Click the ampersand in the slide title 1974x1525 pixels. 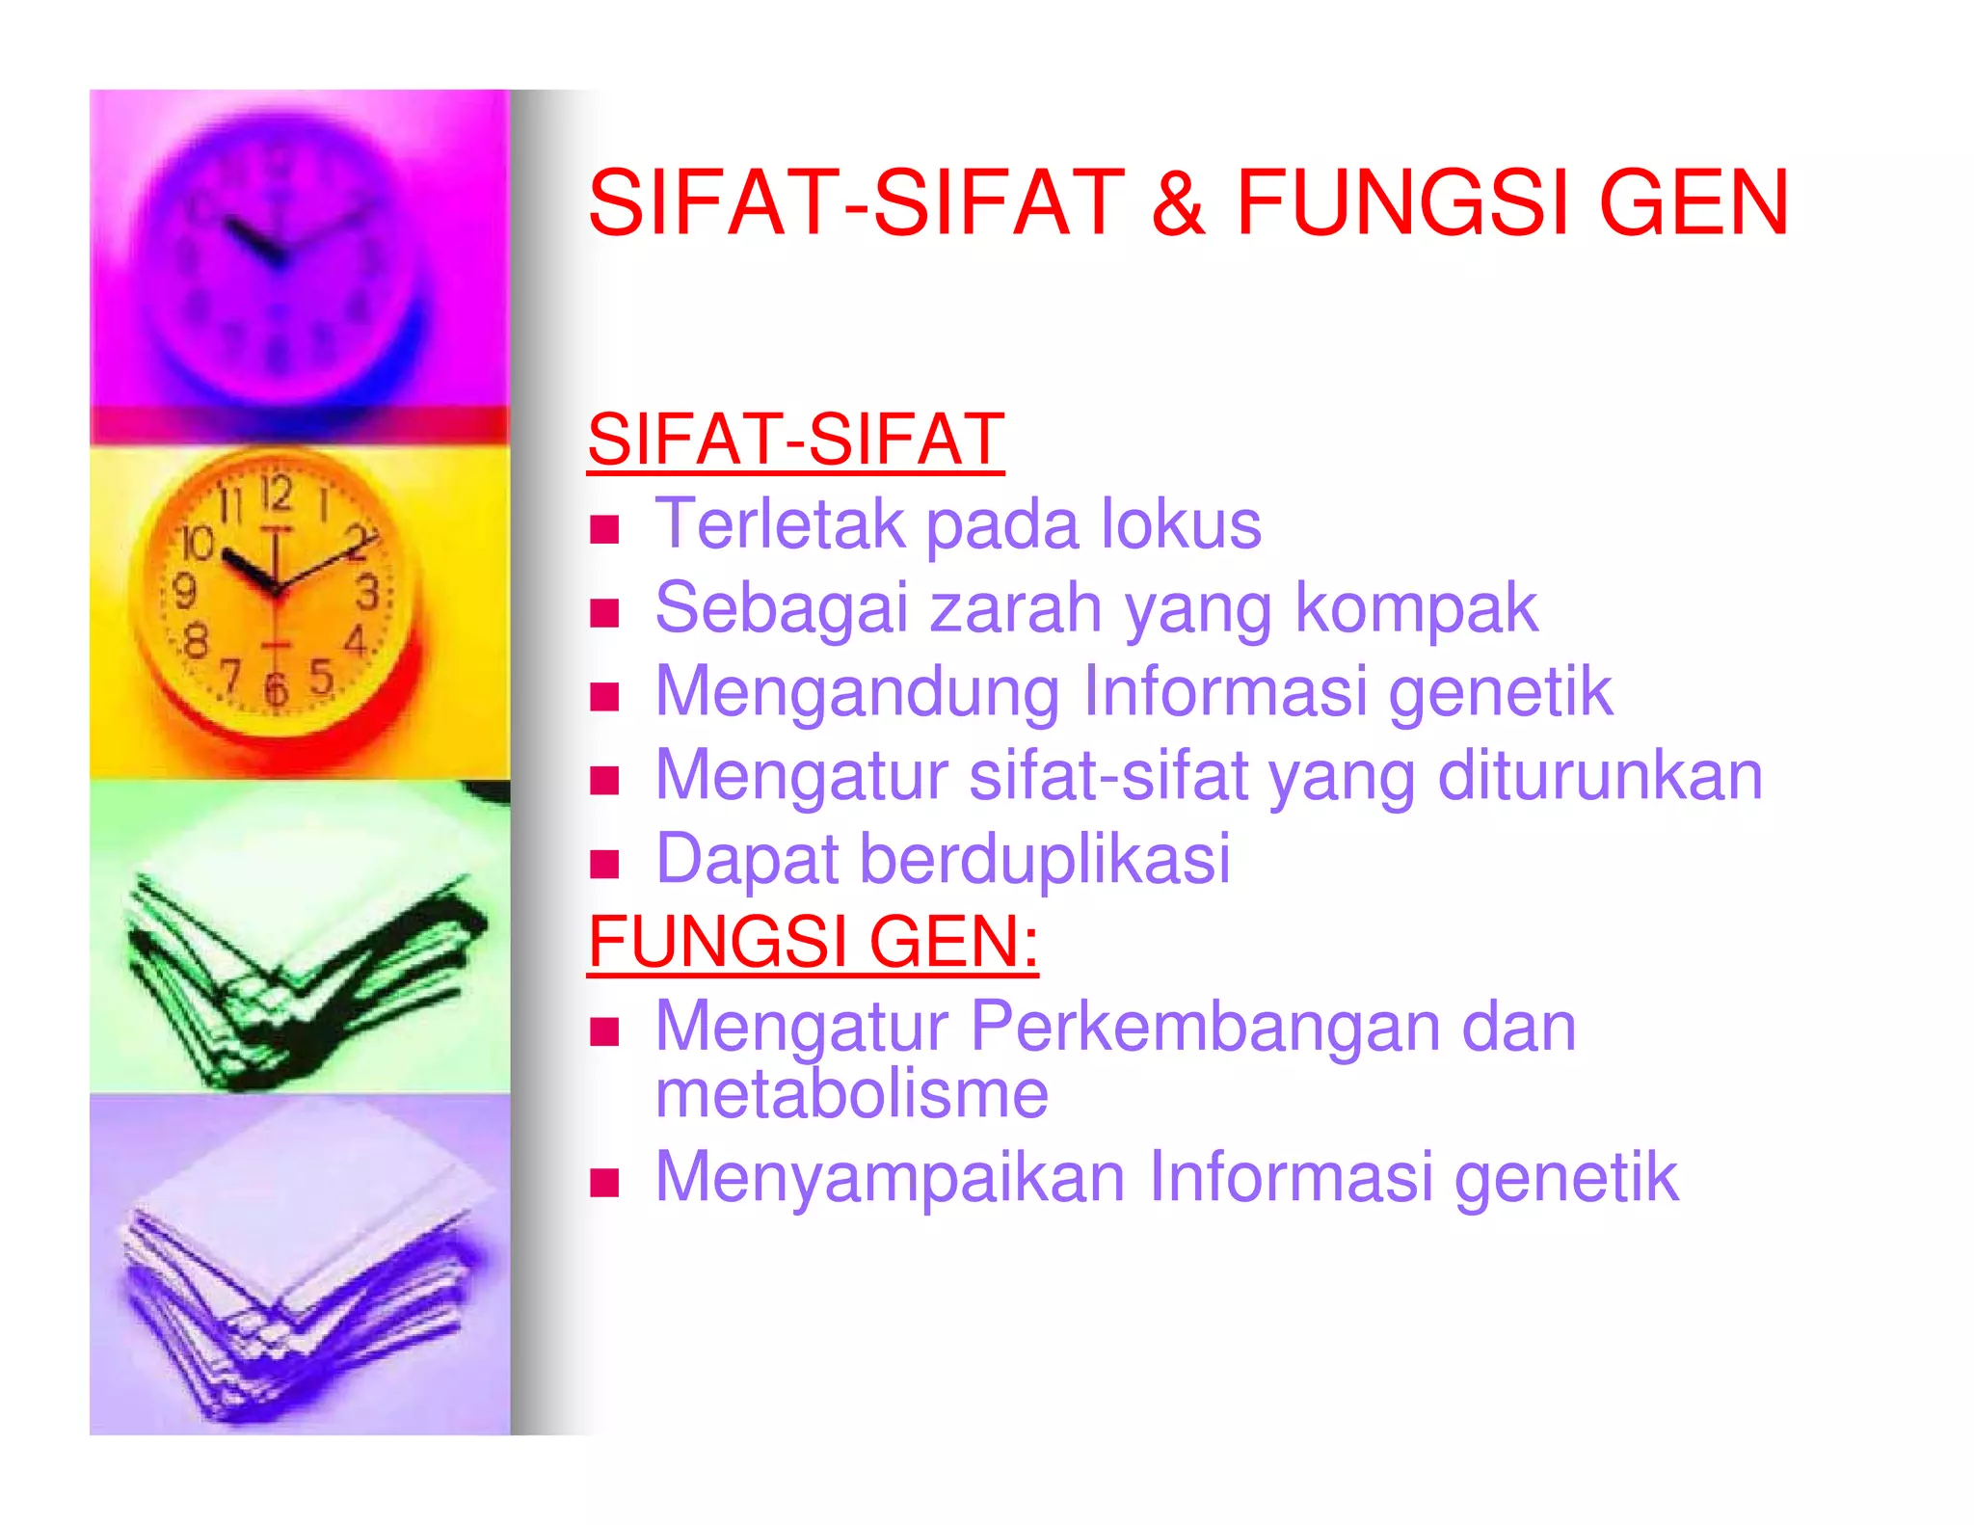click(1178, 202)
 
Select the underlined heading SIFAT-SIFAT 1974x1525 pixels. click(796, 440)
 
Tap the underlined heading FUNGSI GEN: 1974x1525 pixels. click(813, 942)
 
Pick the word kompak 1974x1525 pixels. click(1416, 610)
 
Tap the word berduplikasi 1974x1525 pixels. click(1045, 859)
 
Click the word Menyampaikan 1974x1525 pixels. click(890, 1179)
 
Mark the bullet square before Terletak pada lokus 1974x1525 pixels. click(604, 529)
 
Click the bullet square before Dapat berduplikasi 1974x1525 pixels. click(604, 864)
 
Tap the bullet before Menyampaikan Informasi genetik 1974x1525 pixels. click(604, 1182)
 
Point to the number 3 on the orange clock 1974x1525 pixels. click(367, 592)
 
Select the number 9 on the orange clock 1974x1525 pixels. click(185, 590)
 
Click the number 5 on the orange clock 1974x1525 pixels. click(321, 677)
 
